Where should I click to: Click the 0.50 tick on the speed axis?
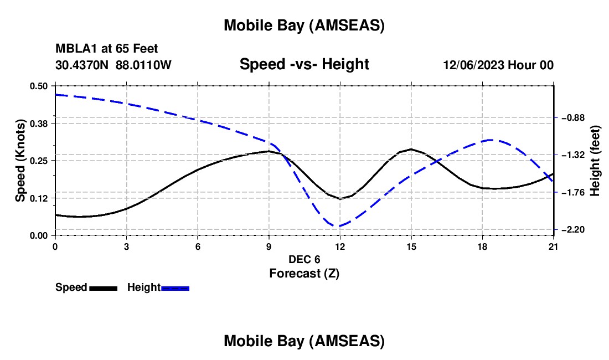39,86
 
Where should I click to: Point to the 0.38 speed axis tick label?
39,123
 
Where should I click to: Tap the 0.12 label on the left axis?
39,198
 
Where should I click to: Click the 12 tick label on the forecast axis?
340,245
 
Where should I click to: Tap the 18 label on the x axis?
482,245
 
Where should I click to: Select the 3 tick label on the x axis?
127,245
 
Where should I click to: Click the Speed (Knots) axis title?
20,161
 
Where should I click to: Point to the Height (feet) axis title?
595,161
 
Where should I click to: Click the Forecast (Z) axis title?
304,273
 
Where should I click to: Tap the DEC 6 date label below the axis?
304,259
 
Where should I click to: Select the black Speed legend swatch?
103,288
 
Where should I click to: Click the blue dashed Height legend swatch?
176,288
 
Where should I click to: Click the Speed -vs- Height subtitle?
304,64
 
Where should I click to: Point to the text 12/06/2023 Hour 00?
498,65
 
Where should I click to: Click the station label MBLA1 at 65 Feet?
106,49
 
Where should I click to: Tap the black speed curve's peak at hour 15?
411,149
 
